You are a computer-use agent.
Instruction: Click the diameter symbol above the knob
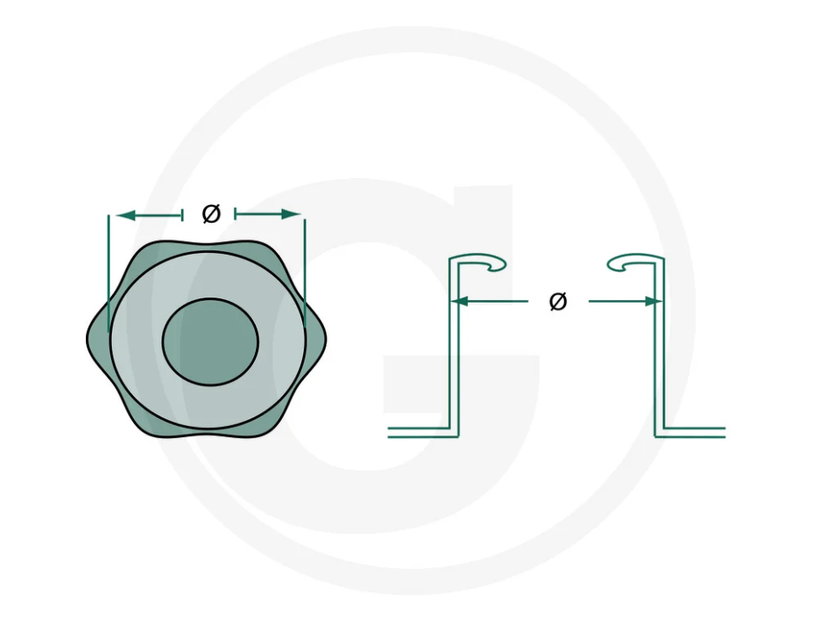(x=211, y=213)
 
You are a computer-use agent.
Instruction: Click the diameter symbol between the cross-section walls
(x=558, y=301)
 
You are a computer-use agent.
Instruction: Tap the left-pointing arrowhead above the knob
(x=125, y=215)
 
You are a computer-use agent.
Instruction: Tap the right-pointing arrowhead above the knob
(x=291, y=213)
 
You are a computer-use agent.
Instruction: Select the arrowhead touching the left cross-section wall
(x=460, y=301)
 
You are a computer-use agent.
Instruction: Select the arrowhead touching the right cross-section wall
(x=654, y=301)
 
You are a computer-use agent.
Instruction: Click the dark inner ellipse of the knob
(x=210, y=342)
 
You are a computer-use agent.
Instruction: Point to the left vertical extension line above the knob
(x=109, y=273)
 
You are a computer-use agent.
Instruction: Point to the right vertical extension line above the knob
(x=305, y=273)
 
